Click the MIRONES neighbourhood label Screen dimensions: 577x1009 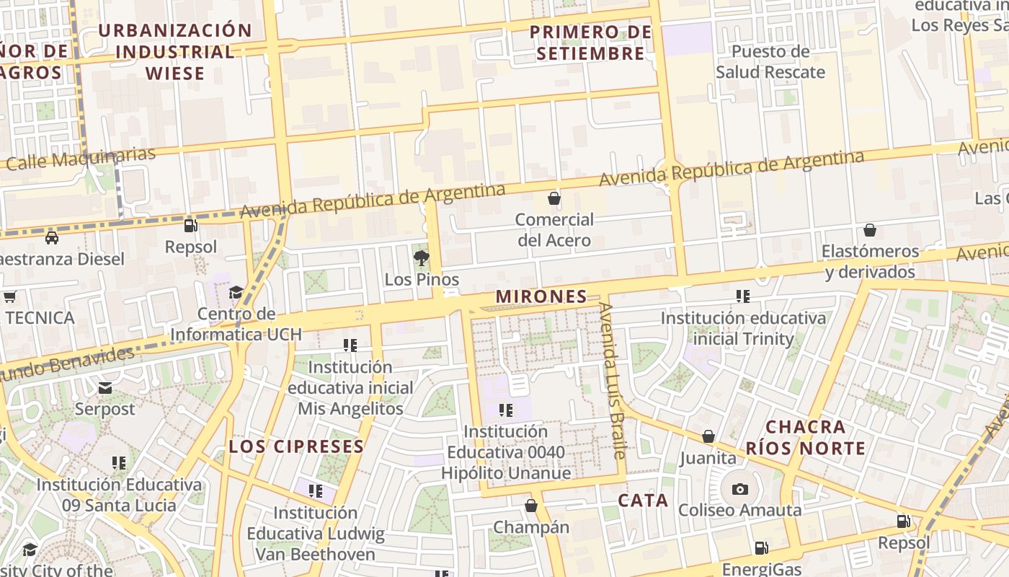pyautogui.click(x=541, y=296)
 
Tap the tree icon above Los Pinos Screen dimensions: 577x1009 pyautogui.click(x=422, y=257)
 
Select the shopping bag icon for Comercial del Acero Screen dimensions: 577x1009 pyautogui.click(x=554, y=198)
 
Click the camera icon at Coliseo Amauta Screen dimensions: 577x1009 pyautogui.click(x=739, y=489)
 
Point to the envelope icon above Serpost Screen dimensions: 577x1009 pyautogui.click(x=105, y=388)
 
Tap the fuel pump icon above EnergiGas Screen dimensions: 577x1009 pyautogui.click(x=760, y=548)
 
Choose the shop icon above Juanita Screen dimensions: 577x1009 pyautogui.click(x=708, y=436)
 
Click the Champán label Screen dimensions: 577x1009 pyautogui.click(x=530, y=527)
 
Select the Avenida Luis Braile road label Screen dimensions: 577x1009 pyautogui.click(x=614, y=381)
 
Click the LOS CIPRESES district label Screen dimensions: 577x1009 pyautogui.click(x=296, y=446)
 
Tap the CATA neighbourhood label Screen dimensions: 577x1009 pyautogui.click(x=643, y=501)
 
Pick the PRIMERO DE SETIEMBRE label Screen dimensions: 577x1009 pyautogui.click(x=590, y=43)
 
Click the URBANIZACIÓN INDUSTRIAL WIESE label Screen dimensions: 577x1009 pyautogui.click(x=174, y=52)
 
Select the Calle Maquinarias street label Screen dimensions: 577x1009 pyautogui.click(x=81, y=159)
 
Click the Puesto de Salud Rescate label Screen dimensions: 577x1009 pyautogui.click(x=770, y=62)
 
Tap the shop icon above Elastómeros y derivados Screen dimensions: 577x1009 pyautogui.click(x=870, y=230)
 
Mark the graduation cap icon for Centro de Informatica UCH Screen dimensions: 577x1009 pyautogui.click(x=236, y=292)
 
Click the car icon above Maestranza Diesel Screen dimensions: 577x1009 pyautogui.click(x=52, y=238)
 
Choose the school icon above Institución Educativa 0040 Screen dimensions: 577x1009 pyautogui.click(x=506, y=410)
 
